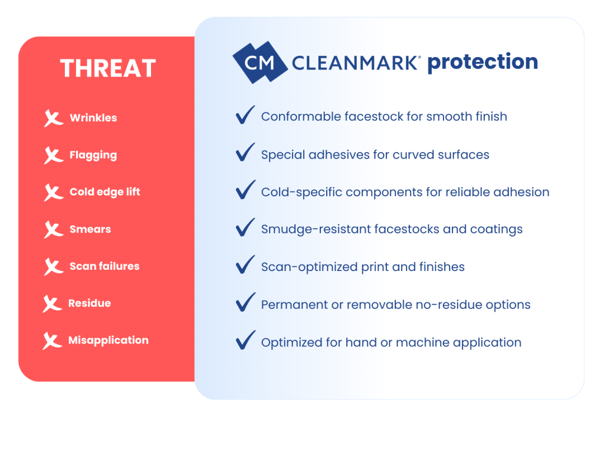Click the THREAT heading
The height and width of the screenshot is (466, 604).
pos(108,68)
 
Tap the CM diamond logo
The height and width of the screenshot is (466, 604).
pos(260,62)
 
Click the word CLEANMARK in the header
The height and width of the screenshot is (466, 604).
pos(354,63)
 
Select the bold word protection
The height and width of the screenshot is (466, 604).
pos(482,62)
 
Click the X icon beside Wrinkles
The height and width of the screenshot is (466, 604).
pos(53,118)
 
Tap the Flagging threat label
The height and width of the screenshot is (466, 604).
pos(93,156)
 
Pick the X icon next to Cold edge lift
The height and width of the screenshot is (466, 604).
pos(53,193)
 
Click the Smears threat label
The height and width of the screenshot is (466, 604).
pos(90,229)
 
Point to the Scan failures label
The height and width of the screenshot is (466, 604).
pos(104,266)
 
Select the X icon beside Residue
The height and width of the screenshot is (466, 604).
pos(52,304)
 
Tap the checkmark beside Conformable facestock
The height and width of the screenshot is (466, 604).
pos(245,115)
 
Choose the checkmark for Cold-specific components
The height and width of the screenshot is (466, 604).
pos(245,190)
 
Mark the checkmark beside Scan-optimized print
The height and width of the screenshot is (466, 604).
pos(245,265)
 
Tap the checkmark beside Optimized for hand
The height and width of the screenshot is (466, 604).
pos(245,340)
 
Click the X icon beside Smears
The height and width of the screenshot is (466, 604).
pos(53,230)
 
